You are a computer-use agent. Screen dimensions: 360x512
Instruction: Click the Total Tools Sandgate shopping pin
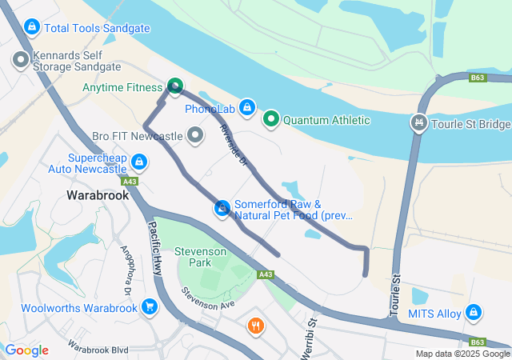pyautogui.click(x=31, y=28)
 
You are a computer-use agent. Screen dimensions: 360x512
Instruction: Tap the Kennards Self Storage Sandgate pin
pyautogui.click(x=20, y=58)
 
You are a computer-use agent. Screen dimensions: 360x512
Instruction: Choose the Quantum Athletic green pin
pyautogui.click(x=271, y=120)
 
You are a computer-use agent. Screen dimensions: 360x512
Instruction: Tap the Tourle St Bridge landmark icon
pyautogui.click(x=417, y=123)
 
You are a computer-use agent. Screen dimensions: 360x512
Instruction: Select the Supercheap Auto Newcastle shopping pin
pyautogui.click(x=140, y=163)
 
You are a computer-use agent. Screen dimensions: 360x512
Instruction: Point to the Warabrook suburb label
pyautogui.click(x=98, y=194)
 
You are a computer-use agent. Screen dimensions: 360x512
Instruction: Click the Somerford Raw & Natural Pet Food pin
pyautogui.click(x=222, y=209)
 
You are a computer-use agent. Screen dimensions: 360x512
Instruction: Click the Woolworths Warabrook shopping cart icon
pyautogui.click(x=149, y=307)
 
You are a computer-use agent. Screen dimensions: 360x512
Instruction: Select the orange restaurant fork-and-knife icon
pyautogui.click(x=256, y=326)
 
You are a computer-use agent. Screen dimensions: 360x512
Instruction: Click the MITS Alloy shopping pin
pyautogui.click(x=474, y=313)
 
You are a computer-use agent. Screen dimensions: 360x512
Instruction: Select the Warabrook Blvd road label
pyautogui.click(x=98, y=349)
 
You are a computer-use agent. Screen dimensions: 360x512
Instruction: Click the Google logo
pyautogui.click(x=26, y=350)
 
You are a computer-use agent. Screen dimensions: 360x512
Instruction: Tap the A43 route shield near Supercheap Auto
pyautogui.click(x=130, y=182)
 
